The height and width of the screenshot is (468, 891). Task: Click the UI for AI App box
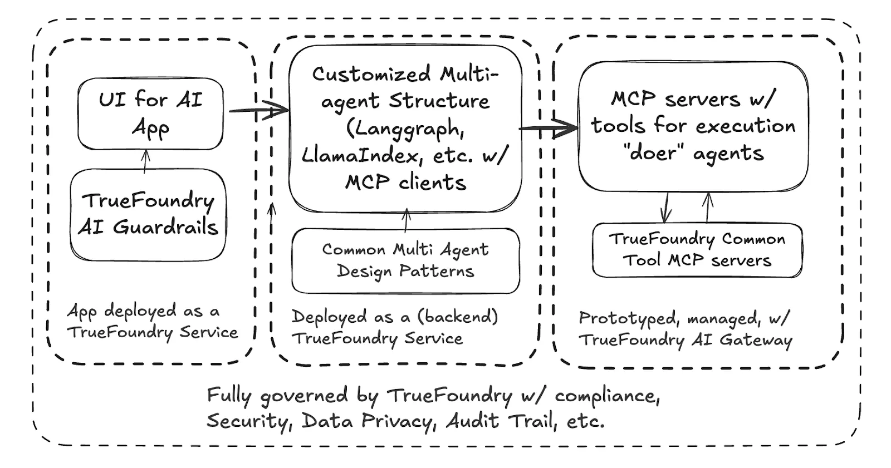coord(150,114)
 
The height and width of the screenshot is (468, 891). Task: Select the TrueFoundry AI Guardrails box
coord(148,214)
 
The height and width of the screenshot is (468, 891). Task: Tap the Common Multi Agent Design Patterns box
coord(405,260)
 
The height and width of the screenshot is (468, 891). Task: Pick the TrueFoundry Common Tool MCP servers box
coord(697,250)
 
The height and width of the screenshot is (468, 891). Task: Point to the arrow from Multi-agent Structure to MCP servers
coord(549,129)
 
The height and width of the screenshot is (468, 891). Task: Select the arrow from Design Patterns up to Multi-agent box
coord(406,220)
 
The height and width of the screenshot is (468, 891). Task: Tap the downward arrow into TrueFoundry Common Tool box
coord(665,208)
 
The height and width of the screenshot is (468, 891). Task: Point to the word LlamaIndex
coord(359,156)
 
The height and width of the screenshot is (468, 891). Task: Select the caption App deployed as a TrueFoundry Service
coord(151,322)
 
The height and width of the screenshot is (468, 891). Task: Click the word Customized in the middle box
coord(371,74)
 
